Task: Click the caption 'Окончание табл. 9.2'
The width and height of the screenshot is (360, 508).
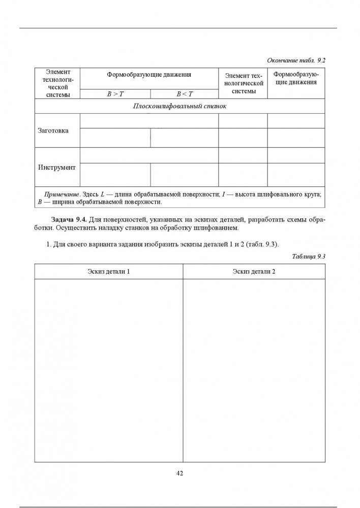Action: pos(295,60)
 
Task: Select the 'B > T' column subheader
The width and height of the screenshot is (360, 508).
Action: pos(115,94)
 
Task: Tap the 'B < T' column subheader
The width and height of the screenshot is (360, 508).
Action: pos(184,94)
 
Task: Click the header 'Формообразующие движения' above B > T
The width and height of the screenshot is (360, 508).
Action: pos(149,75)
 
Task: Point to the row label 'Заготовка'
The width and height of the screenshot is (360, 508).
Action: pos(53,131)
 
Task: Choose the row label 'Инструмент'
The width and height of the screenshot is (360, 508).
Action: pos(57,167)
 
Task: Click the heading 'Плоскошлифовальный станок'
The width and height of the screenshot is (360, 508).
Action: pos(179,107)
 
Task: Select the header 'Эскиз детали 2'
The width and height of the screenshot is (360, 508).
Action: pos(254,272)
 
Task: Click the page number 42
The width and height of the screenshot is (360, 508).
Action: pos(179,473)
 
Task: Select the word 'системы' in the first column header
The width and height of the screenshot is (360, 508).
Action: pos(57,94)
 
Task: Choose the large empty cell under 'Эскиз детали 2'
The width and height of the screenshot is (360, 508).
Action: pos(254,371)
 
